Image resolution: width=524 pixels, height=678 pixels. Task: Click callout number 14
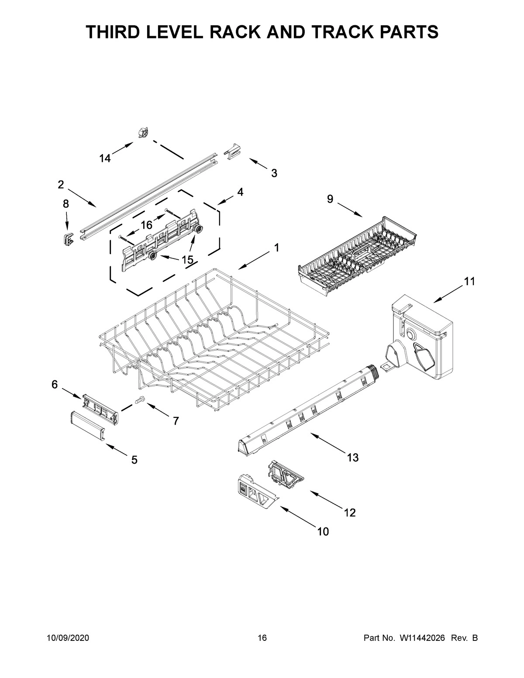(105, 159)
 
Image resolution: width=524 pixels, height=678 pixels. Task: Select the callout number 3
(274, 173)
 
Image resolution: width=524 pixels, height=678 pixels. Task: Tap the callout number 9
(330, 200)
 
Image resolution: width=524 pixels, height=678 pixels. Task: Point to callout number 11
(469, 282)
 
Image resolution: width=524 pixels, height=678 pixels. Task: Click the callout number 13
(353, 458)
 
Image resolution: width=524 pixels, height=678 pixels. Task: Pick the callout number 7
(176, 421)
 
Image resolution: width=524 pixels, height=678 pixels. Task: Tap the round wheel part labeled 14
(143, 132)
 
